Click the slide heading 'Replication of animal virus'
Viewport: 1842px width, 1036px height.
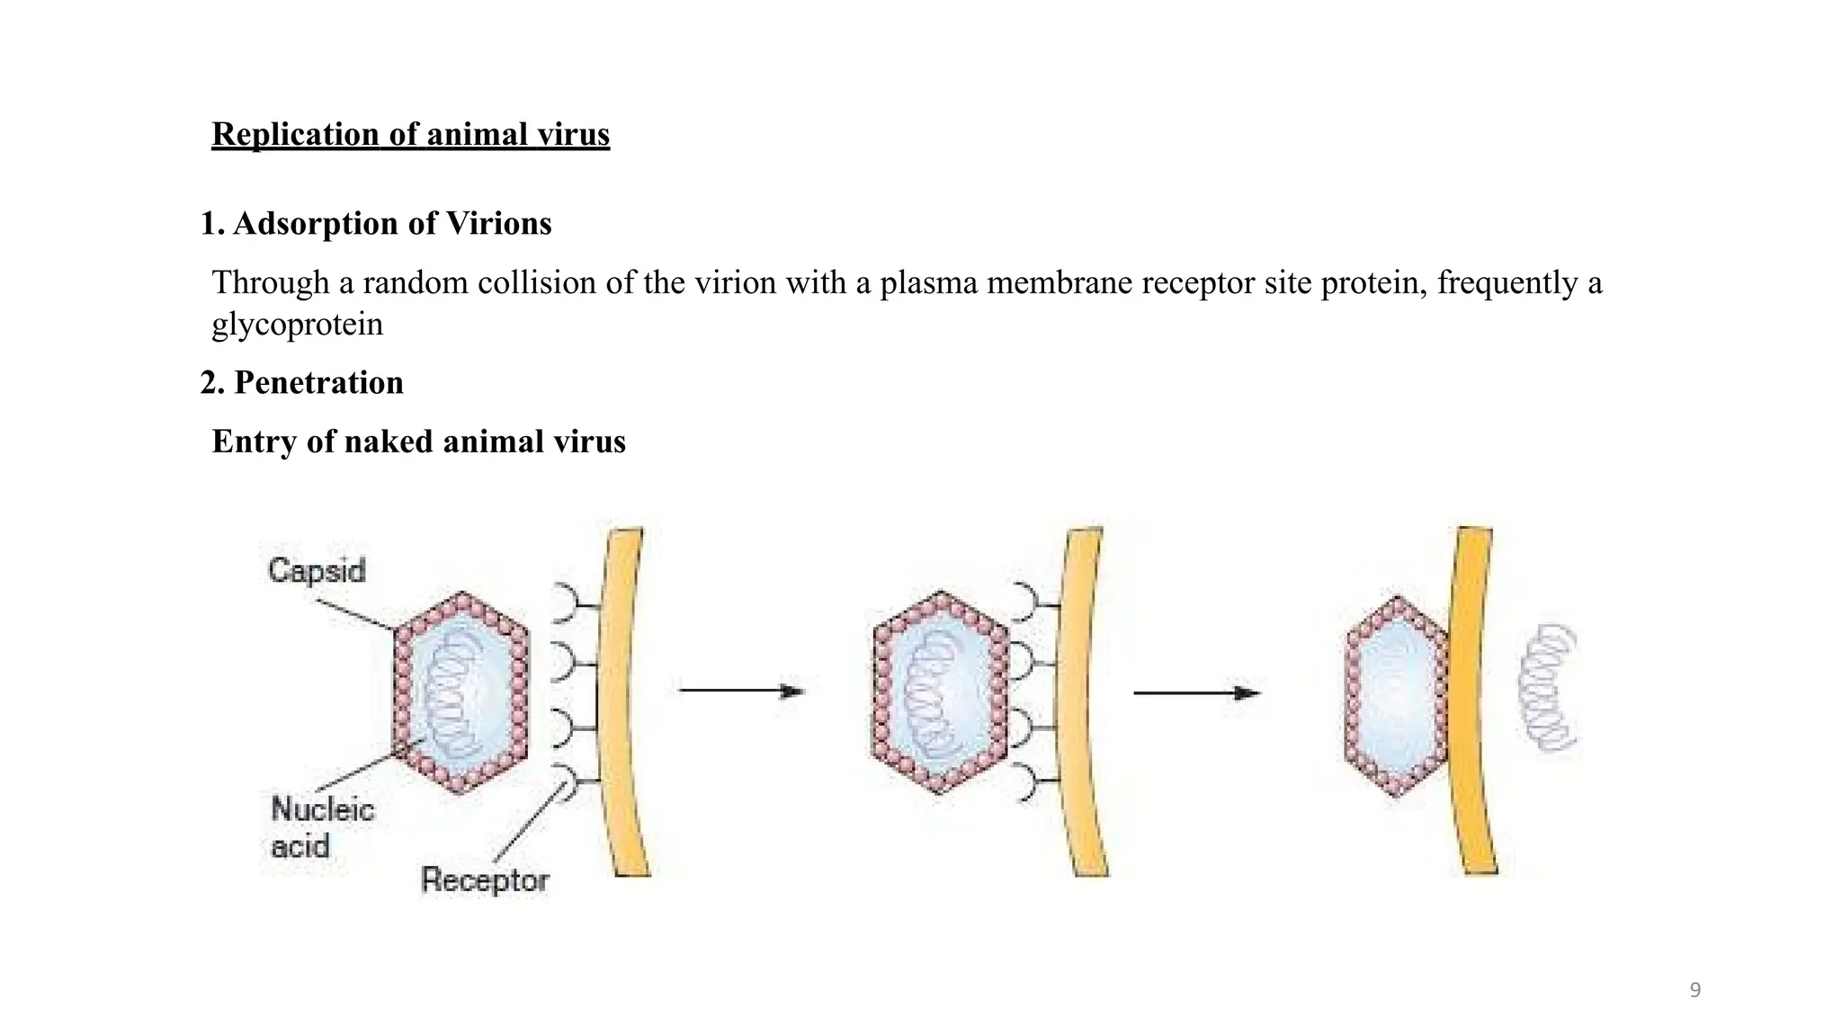[x=410, y=135]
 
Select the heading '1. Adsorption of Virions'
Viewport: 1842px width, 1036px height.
[x=375, y=223]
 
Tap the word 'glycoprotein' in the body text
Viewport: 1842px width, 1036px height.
[x=298, y=324]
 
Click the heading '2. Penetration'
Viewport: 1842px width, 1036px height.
[x=301, y=382]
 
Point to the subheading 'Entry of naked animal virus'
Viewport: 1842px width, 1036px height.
[x=418, y=442]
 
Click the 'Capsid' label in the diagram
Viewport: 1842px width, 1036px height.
[x=317, y=570]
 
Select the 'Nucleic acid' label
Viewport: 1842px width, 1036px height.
[x=321, y=826]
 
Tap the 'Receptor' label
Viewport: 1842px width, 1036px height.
[x=484, y=880]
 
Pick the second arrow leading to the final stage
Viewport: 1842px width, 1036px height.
[x=1195, y=692]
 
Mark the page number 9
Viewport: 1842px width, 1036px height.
[x=1695, y=990]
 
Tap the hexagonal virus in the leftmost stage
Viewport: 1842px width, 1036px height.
[x=461, y=692]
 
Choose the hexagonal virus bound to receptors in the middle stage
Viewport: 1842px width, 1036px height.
[x=940, y=692]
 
